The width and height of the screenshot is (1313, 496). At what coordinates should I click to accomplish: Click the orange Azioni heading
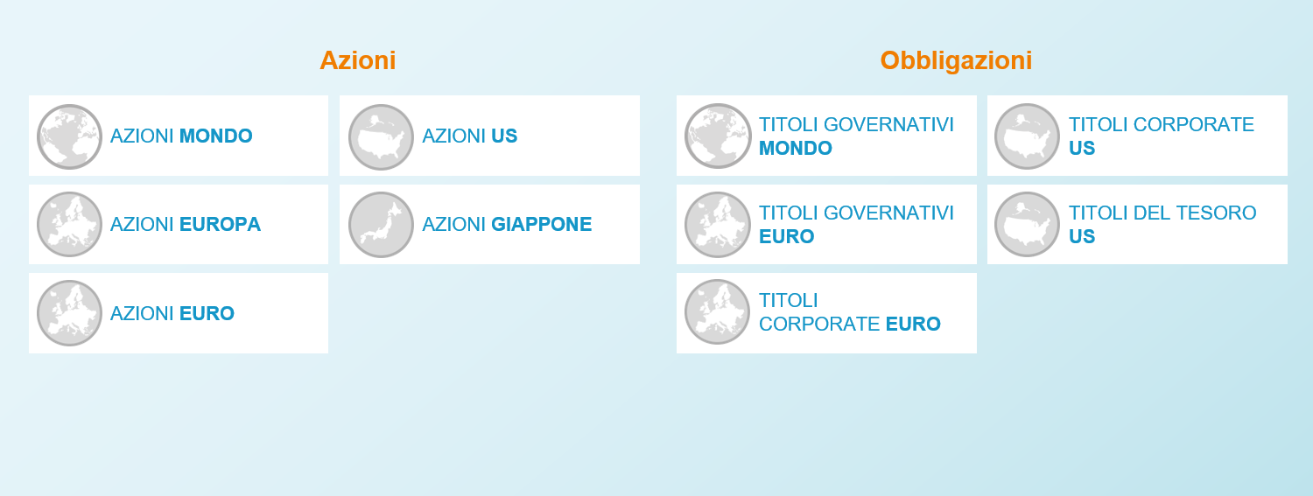tap(357, 61)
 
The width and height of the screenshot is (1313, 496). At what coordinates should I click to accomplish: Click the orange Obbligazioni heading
tap(956, 61)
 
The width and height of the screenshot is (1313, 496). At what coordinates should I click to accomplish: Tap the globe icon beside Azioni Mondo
tap(69, 136)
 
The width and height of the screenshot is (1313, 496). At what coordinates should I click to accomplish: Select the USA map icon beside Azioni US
tap(381, 136)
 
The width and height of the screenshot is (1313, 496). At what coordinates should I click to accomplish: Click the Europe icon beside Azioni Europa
tap(69, 224)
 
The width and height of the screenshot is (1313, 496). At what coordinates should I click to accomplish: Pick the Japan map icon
tap(381, 224)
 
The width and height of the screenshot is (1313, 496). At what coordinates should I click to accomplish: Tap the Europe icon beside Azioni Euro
tap(69, 312)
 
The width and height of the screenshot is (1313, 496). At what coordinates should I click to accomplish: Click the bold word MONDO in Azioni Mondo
tap(215, 136)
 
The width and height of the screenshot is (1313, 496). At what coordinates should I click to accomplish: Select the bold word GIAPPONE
tap(542, 224)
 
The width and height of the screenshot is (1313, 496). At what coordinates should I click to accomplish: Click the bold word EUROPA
tap(220, 224)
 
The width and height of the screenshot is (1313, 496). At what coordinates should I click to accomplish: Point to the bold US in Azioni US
tap(504, 136)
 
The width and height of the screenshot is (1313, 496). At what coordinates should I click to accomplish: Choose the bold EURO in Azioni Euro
tap(207, 313)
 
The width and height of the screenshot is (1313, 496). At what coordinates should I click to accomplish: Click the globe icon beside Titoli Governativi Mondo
tap(718, 136)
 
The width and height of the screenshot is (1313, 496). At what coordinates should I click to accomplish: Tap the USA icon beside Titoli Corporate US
tap(1027, 136)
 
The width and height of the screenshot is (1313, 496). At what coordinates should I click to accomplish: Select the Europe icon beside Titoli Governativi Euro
tap(718, 224)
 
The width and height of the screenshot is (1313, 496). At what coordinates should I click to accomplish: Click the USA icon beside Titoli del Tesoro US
tap(1027, 224)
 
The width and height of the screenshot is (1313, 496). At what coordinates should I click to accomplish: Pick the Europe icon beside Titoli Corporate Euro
tap(718, 311)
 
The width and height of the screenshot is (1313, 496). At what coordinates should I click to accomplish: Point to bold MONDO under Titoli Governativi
tap(796, 148)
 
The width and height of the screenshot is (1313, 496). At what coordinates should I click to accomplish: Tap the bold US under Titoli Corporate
tap(1081, 148)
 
